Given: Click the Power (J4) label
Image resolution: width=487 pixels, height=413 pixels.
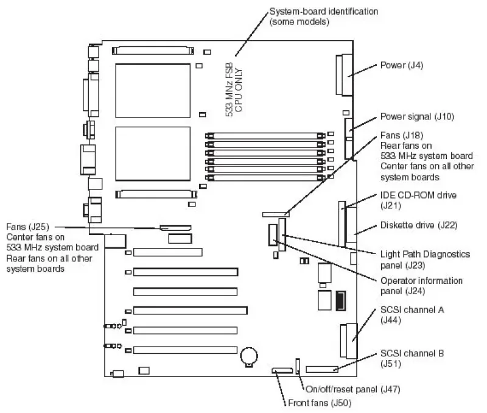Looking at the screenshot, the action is pyautogui.click(x=402, y=65).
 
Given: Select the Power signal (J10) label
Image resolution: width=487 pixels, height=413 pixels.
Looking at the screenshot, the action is pyautogui.click(x=417, y=116).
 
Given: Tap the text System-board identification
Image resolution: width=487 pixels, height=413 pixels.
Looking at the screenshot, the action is pyautogui.click(x=324, y=12).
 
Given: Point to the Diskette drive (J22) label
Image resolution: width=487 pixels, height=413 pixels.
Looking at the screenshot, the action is pyautogui.click(x=419, y=225).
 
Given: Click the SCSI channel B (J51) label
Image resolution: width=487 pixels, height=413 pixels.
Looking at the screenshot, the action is pyautogui.click(x=412, y=358).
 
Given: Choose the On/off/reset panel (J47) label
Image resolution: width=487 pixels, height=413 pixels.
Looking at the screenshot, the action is pyautogui.click(x=353, y=389).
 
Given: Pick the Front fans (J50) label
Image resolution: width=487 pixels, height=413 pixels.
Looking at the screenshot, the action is pyautogui.click(x=320, y=403).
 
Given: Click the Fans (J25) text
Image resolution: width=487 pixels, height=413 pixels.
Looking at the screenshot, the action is pyautogui.click(x=27, y=227).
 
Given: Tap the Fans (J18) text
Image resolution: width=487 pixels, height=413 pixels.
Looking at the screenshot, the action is pyautogui.click(x=402, y=135).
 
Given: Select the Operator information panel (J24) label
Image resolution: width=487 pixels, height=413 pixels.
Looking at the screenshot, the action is pyautogui.click(x=421, y=286).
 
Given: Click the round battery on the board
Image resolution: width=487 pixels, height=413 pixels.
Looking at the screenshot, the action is pyautogui.click(x=249, y=356).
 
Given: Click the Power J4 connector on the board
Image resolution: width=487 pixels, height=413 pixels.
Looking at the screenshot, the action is pyautogui.click(x=344, y=74).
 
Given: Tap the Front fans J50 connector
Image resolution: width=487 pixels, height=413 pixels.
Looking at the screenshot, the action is pyautogui.click(x=282, y=370).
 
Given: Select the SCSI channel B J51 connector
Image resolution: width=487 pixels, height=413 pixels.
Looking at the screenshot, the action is pyautogui.click(x=322, y=369).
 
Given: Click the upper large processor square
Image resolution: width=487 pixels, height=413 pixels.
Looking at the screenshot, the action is pyautogui.click(x=153, y=91).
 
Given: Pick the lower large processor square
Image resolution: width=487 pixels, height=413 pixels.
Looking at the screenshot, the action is pyautogui.click(x=153, y=154).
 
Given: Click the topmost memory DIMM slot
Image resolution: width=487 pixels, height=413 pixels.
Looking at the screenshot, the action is pyautogui.click(x=265, y=136).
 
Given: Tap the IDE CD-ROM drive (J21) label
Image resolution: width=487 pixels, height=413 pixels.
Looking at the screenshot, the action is pyautogui.click(x=418, y=200).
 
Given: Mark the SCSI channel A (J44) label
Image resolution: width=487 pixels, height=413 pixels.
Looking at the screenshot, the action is pyautogui.click(x=412, y=315).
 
